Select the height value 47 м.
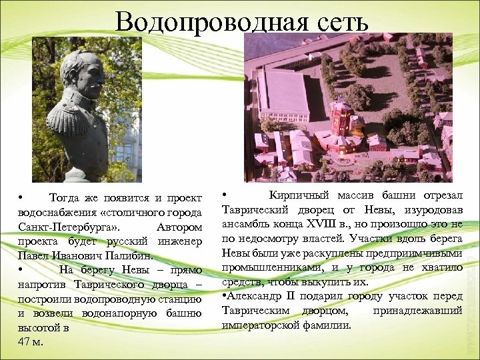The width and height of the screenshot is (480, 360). (31, 341)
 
